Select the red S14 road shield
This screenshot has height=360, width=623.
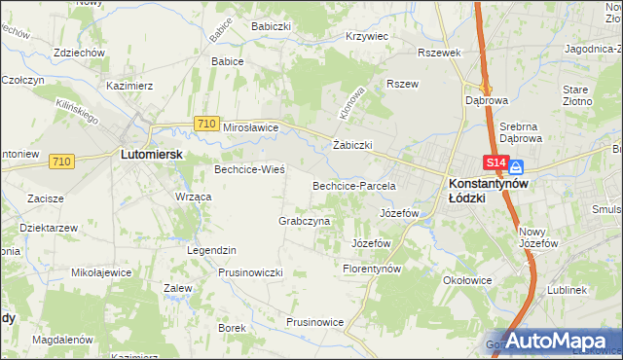point(495,164)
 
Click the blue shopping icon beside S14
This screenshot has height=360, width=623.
point(515,166)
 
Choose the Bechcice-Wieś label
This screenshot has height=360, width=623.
point(249,169)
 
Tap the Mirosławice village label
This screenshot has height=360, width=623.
point(251,127)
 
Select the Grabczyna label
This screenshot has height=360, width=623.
point(305,221)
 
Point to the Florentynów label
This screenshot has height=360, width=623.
point(373,268)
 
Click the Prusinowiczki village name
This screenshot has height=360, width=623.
point(250,272)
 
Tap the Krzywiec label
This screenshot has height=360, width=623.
point(367,36)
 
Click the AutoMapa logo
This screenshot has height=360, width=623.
point(558,342)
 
